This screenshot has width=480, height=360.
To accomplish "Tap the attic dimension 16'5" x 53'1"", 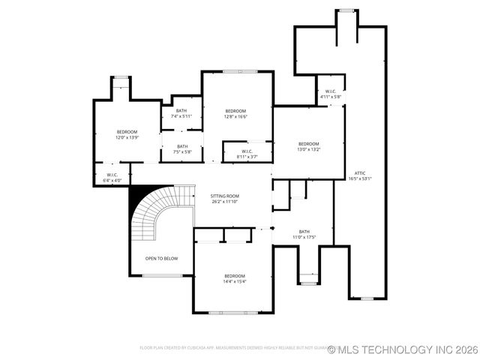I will pos(360,178).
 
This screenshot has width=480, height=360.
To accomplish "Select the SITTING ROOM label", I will pos(224,195).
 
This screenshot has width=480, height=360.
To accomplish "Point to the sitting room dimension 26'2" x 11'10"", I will pos(224,201).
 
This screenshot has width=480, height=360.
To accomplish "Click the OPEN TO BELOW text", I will pos(161,259).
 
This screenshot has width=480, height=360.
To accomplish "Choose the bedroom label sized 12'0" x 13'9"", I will pos(127,132).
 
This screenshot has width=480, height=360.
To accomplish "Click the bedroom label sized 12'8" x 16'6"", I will pos(235,111).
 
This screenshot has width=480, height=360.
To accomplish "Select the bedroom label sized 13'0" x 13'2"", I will pos(308,144).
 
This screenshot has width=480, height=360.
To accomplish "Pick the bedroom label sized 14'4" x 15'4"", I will pos(235,276).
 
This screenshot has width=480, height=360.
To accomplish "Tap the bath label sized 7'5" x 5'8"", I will pos(182,146).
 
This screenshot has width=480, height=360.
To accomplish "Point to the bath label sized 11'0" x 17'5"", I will pos(304,232).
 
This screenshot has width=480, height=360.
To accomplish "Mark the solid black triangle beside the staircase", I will pos(137,196).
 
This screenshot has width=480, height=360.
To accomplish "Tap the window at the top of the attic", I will pos(346,10).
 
